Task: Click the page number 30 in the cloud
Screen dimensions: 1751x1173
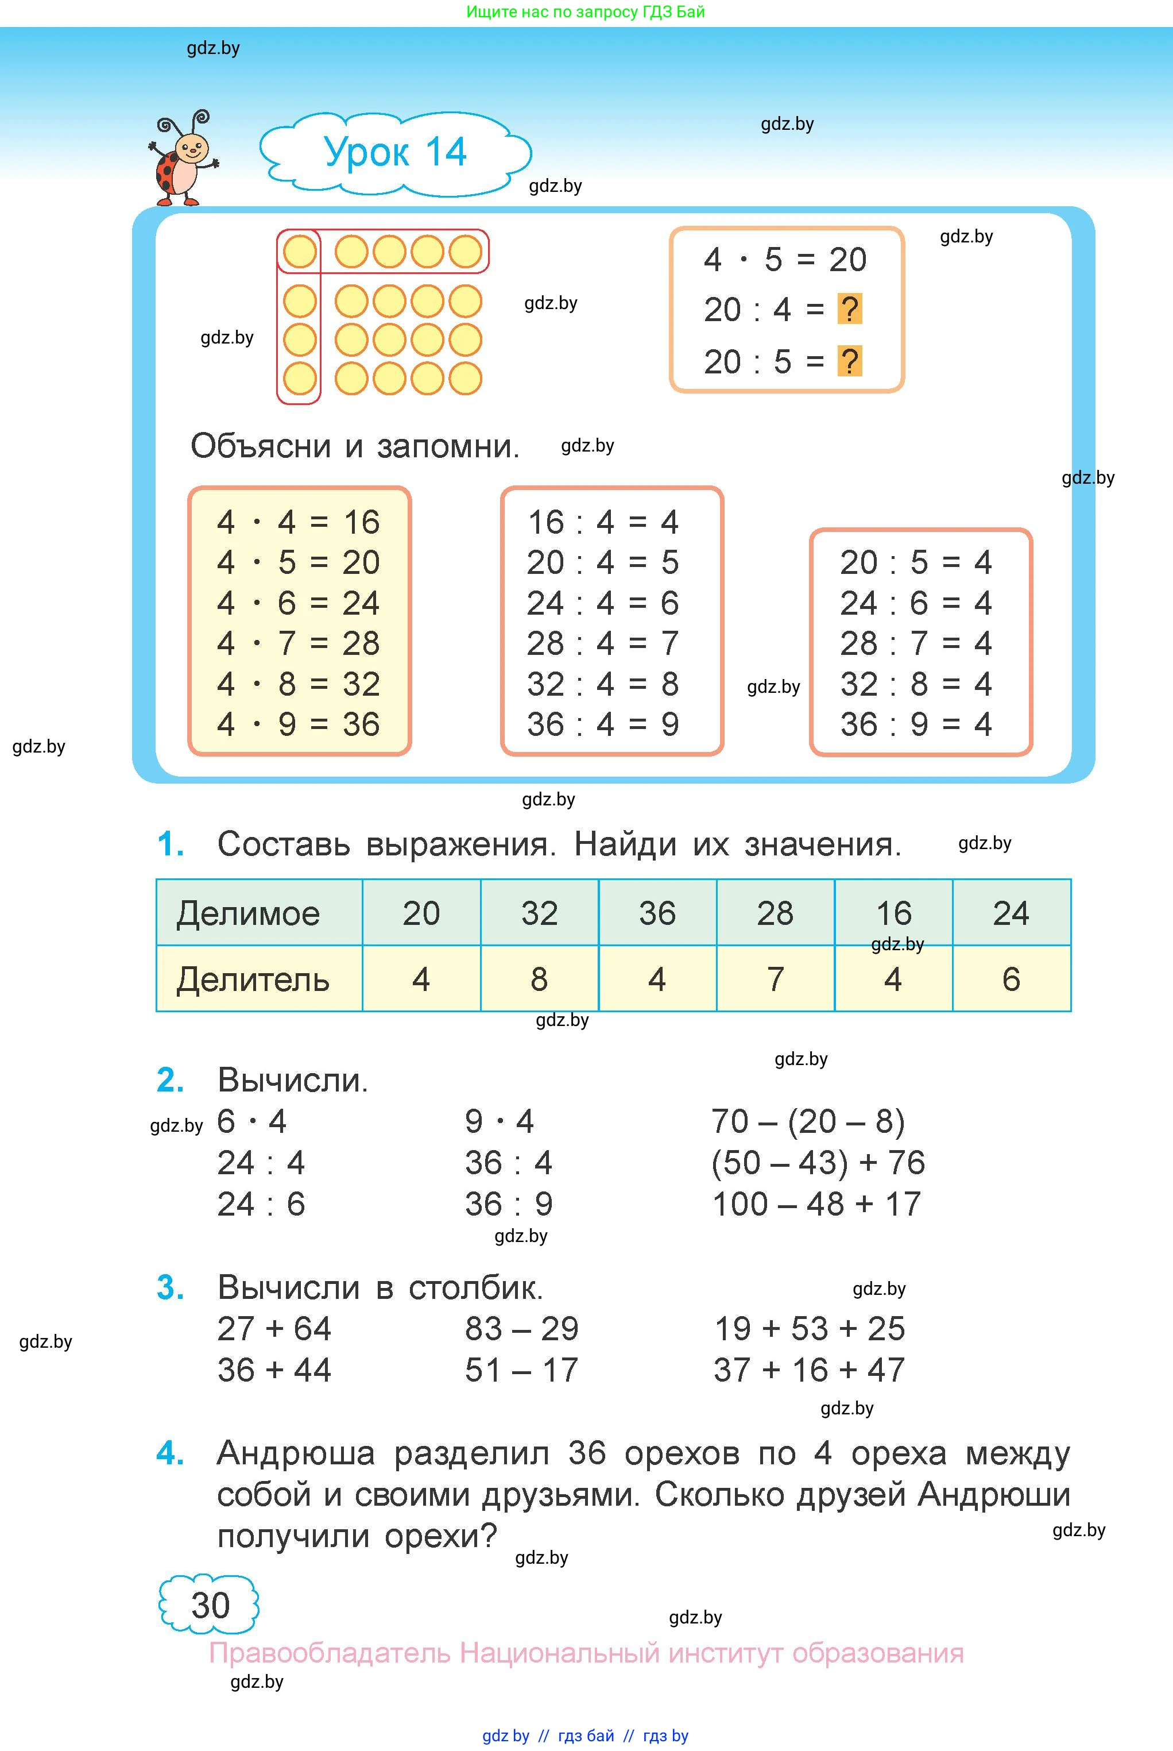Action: (x=210, y=1605)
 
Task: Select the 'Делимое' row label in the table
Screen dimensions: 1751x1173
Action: (x=249, y=913)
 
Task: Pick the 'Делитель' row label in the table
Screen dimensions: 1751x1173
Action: (x=253, y=979)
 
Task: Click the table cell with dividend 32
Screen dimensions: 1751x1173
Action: (x=539, y=913)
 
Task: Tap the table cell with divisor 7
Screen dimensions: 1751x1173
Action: (x=775, y=979)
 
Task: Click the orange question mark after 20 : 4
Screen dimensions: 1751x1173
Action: (x=849, y=309)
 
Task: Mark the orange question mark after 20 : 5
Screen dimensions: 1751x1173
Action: (x=849, y=361)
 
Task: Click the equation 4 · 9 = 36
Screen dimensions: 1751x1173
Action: (x=299, y=724)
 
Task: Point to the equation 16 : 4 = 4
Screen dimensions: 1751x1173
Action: (x=603, y=522)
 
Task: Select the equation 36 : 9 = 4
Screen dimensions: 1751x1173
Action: (x=916, y=724)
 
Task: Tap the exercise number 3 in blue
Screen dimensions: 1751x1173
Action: (x=170, y=1288)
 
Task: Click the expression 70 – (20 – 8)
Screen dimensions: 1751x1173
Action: (x=808, y=1121)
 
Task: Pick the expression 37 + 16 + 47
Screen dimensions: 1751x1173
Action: (x=810, y=1370)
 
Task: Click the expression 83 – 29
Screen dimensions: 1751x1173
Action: (x=521, y=1329)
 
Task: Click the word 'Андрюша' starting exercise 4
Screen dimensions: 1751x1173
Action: (x=296, y=1453)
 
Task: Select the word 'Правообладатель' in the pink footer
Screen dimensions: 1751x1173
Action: (x=329, y=1653)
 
